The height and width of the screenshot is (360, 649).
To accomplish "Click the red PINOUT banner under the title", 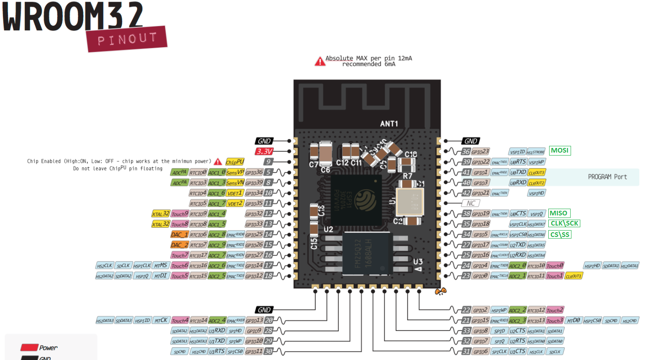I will point(127,39).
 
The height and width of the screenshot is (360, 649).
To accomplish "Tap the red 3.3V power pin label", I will point(264,151).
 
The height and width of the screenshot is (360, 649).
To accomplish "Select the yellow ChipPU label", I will point(235,162).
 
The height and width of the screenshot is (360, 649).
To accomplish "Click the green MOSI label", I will point(560,150).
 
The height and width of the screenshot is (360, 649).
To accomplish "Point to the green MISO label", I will point(558,213).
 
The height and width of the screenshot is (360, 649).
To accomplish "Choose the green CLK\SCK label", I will point(564,223).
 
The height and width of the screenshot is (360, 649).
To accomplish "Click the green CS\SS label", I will point(560,234).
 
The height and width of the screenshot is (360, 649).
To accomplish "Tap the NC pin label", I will point(471,203).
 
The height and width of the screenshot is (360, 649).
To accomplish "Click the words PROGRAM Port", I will point(607,177).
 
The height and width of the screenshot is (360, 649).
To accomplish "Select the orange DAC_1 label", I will point(179,234).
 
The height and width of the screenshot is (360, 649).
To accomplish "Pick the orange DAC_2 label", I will point(179,245).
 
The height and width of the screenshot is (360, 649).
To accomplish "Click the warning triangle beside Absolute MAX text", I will point(320,62).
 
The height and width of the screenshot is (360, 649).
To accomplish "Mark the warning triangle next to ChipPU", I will point(218,162).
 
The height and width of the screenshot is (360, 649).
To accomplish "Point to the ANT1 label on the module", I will point(389,124).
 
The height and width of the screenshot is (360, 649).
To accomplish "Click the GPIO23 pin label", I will point(480,152).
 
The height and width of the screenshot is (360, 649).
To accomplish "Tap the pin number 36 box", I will point(466,152).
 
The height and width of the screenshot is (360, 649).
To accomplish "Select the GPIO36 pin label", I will point(254,172).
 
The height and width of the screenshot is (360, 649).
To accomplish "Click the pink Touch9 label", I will point(180,214).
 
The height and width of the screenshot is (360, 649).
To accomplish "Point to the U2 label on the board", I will point(328,229).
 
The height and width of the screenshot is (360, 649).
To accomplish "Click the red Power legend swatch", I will point(29,347).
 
